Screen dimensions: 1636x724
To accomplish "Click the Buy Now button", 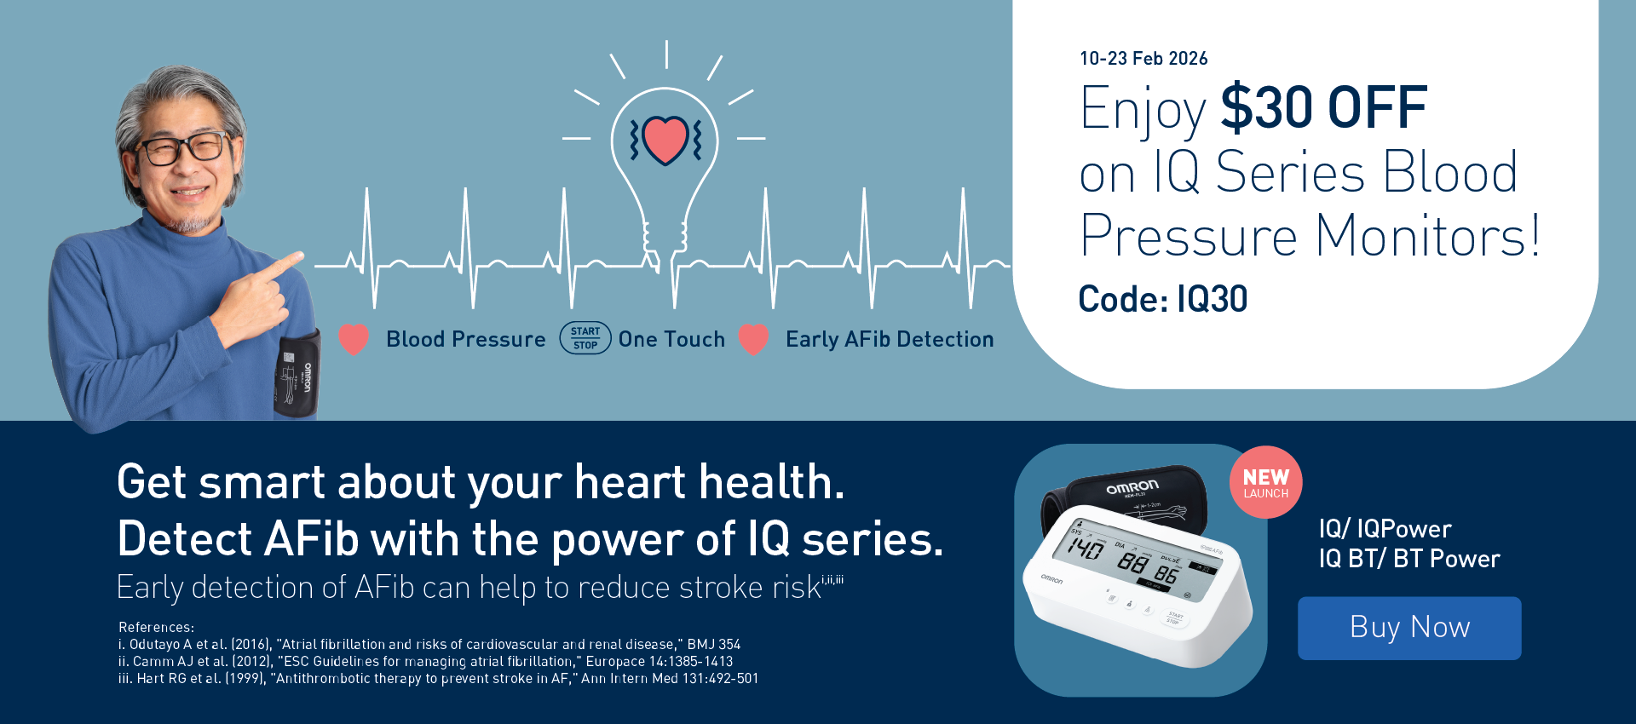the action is click(1409, 628).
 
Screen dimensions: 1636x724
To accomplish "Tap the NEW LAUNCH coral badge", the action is click(1266, 482).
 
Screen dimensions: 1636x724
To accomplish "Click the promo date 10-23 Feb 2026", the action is click(1143, 59).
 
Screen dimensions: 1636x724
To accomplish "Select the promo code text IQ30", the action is click(1212, 299).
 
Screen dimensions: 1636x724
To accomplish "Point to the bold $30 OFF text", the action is click(1324, 108).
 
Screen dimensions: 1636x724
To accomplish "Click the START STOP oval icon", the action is click(585, 338).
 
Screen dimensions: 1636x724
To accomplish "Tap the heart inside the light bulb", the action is click(665, 140).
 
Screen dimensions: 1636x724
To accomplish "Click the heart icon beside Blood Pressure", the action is click(354, 339).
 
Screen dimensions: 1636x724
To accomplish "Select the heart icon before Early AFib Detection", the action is click(753, 339).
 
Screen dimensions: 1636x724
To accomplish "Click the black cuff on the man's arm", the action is click(297, 375).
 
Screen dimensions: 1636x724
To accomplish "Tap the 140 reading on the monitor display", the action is click(1086, 548).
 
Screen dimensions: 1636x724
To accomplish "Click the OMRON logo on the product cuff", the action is click(1132, 487).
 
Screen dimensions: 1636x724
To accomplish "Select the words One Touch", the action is click(671, 339).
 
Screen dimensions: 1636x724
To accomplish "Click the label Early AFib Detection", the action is click(890, 340).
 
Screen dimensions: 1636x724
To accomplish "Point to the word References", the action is click(156, 627).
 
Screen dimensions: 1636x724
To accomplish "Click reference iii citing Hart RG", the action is click(438, 679).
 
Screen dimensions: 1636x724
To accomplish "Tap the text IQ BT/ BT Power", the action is click(1409, 559).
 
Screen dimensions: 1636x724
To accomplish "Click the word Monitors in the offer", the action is click(1427, 236).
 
